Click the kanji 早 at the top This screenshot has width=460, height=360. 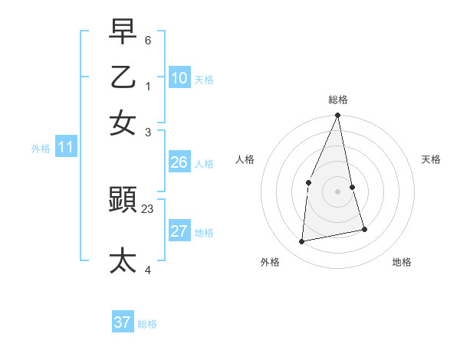pyautogui.click(x=123, y=31)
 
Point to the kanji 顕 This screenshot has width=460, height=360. pyautogui.click(x=123, y=201)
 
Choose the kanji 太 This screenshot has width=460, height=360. pyautogui.click(x=123, y=260)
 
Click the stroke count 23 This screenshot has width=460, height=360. pyautogui.click(x=148, y=208)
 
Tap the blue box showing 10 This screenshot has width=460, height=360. pyautogui.click(x=179, y=77)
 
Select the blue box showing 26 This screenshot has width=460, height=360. pyautogui.click(x=179, y=162)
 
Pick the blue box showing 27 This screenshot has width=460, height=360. pyautogui.click(x=179, y=231)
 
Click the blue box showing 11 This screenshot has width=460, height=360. pyautogui.click(x=65, y=148)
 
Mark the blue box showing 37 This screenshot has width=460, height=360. pyautogui.click(x=123, y=322)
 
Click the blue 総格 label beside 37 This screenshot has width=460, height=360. pyautogui.click(x=147, y=324)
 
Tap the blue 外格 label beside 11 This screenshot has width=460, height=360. pyautogui.click(x=41, y=149)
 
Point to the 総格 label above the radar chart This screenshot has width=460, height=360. pyautogui.click(x=338, y=100)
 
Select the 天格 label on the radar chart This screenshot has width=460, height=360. pyautogui.click(x=432, y=159)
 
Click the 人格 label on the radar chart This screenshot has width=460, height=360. pyautogui.click(x=245, y=159)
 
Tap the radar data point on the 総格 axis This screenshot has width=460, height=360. pyautogui.click(x=337, y=116)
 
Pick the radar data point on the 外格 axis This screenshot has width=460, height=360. pyautogui.click(x=302, y=241)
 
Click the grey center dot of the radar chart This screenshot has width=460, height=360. pyautogui.click(x=337, y=191)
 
